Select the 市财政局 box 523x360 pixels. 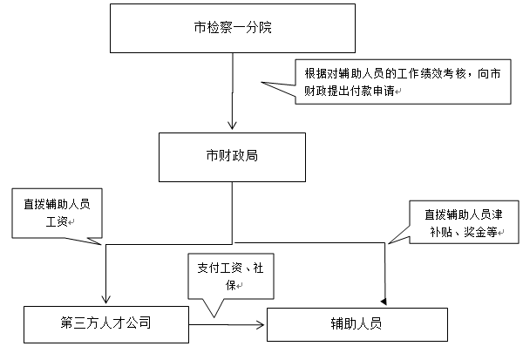(231, 158)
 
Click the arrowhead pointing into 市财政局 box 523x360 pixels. (232, 124)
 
